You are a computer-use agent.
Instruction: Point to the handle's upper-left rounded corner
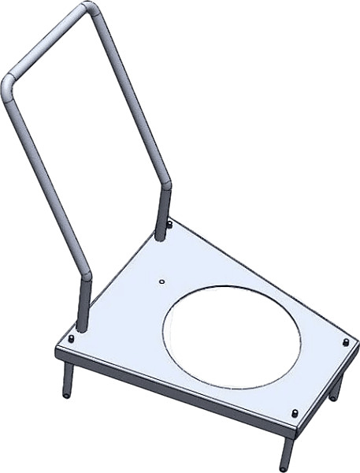(x=9, y=84)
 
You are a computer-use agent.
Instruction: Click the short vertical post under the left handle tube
(x=83, y=307)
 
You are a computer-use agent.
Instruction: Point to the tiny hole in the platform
(x=160, y=281)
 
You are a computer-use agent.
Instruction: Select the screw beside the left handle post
(x=72, y=338)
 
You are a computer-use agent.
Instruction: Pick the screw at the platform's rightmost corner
(x=347, y=342)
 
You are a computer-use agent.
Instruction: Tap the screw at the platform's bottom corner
(x=294, y=413)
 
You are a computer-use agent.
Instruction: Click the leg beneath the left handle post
(x=66, y=378)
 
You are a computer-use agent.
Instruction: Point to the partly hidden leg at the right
(x=337, y=388)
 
